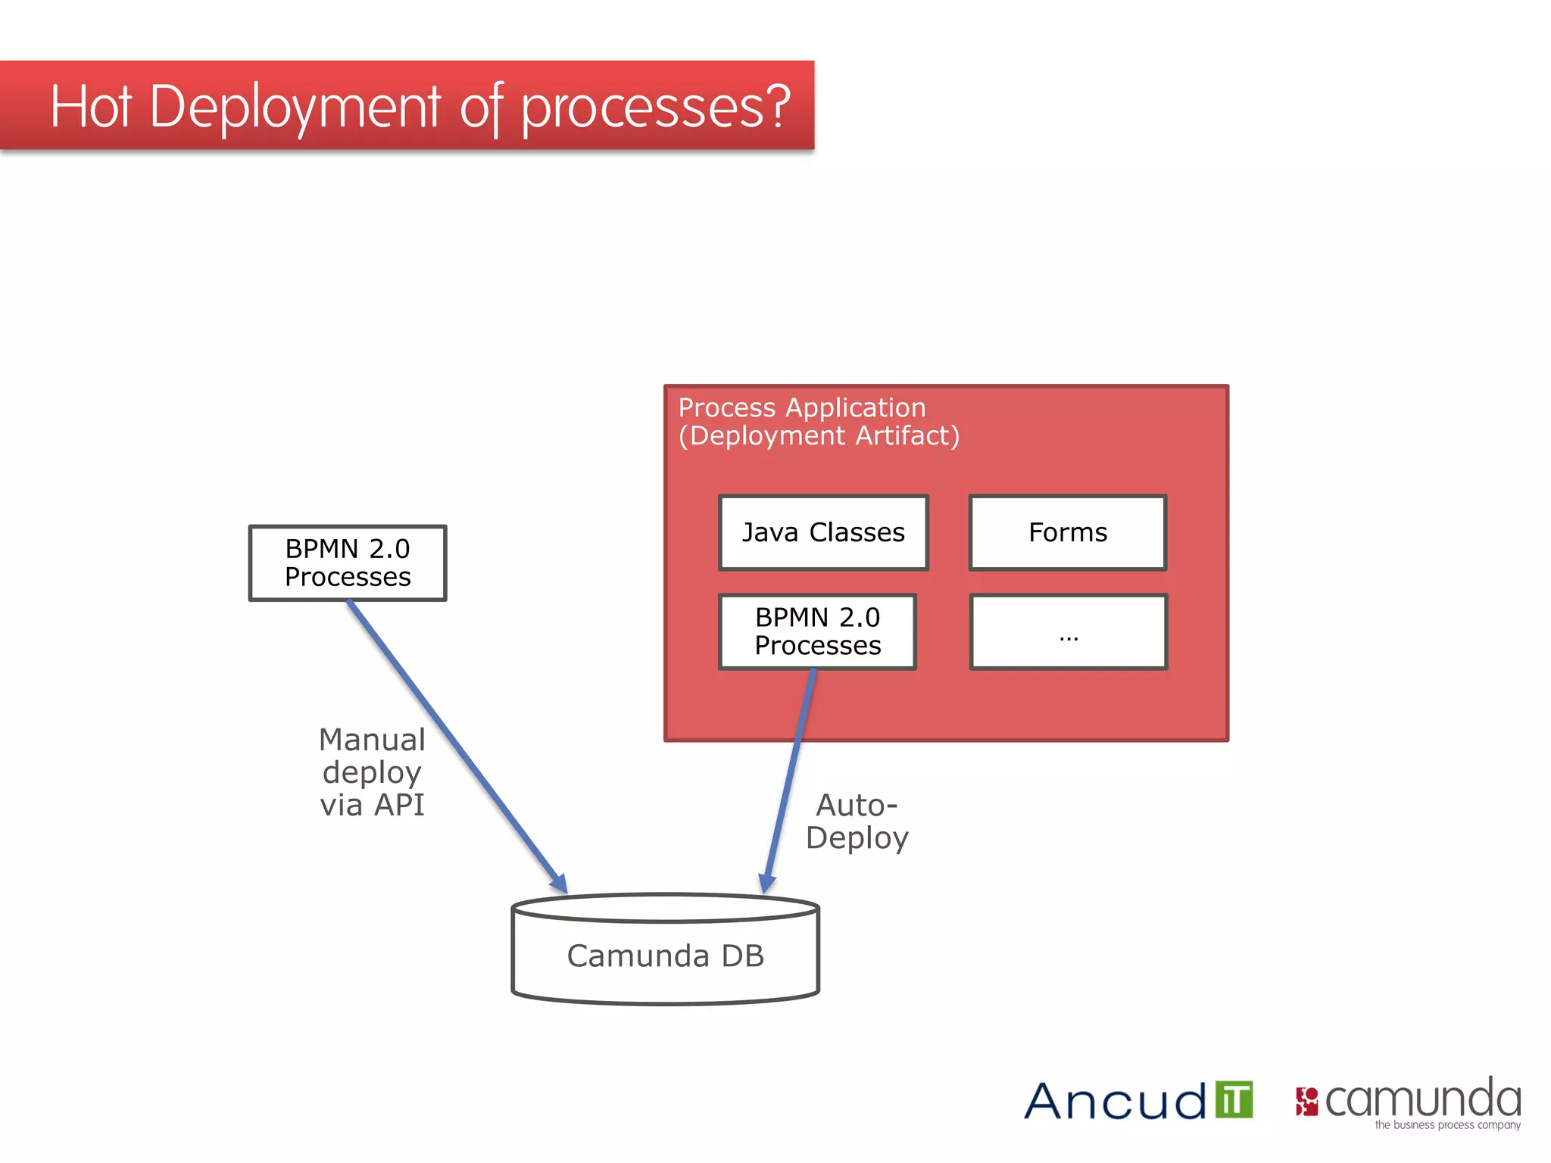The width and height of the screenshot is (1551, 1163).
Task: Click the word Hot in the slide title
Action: click(92, 107)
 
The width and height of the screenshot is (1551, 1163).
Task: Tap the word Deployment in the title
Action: click(295, 108)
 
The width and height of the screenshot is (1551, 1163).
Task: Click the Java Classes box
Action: click(823, 532)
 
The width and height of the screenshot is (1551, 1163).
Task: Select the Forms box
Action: click(1068, 532)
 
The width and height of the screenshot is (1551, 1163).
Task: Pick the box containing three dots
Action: click(1069, 631)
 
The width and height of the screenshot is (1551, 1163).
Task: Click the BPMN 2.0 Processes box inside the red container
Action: click(818, 631)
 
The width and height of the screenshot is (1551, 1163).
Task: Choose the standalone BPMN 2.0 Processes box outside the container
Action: click(348, 563)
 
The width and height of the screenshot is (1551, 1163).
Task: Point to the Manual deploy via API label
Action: click(372, 772)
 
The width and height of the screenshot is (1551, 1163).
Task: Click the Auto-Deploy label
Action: click(857, 822)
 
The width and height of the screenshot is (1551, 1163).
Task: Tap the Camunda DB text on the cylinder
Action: click(665, 956)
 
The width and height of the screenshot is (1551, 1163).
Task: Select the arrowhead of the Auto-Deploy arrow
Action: click(767, 883)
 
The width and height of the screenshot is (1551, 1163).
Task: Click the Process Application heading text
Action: click(802, 407)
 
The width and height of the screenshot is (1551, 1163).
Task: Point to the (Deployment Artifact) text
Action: click(819, 436)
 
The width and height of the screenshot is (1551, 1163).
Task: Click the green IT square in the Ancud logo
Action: click(1234, 1099)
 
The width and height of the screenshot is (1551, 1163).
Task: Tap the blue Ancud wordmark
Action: click(1115, 1102)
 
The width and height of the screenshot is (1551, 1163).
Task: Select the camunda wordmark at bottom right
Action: click(1422, 1099)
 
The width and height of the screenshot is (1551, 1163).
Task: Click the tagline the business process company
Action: click(1447, 1125)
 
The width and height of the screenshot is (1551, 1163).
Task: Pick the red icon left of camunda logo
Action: click(1306, 1102)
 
